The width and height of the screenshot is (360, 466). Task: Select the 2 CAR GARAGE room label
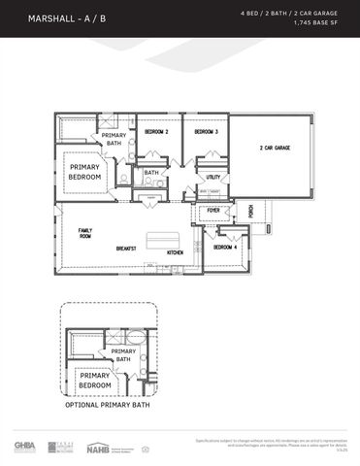[x=275, y=149]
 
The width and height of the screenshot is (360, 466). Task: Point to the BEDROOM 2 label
[x=156, y=131]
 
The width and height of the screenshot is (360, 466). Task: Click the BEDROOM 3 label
[x=206, y=131]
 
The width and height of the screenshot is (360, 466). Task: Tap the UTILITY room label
[x=213, y=177]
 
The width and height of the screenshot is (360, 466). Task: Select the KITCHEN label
[x=176, y=252]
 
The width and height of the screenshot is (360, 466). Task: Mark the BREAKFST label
[x=126, y=248]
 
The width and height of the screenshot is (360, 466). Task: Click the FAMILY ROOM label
[x=85, y=233]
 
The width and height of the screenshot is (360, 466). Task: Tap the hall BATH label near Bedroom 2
[x=151, y=174]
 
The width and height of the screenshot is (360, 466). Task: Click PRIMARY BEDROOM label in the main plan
[x=84, y=172]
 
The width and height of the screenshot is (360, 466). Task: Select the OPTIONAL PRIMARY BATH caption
[x=108, y=404]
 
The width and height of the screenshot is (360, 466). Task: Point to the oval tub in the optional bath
[x=135, y=338]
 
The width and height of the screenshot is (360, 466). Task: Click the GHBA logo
[x=24, y=446]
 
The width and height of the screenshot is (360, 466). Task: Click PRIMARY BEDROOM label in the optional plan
[x=95, y=380]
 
